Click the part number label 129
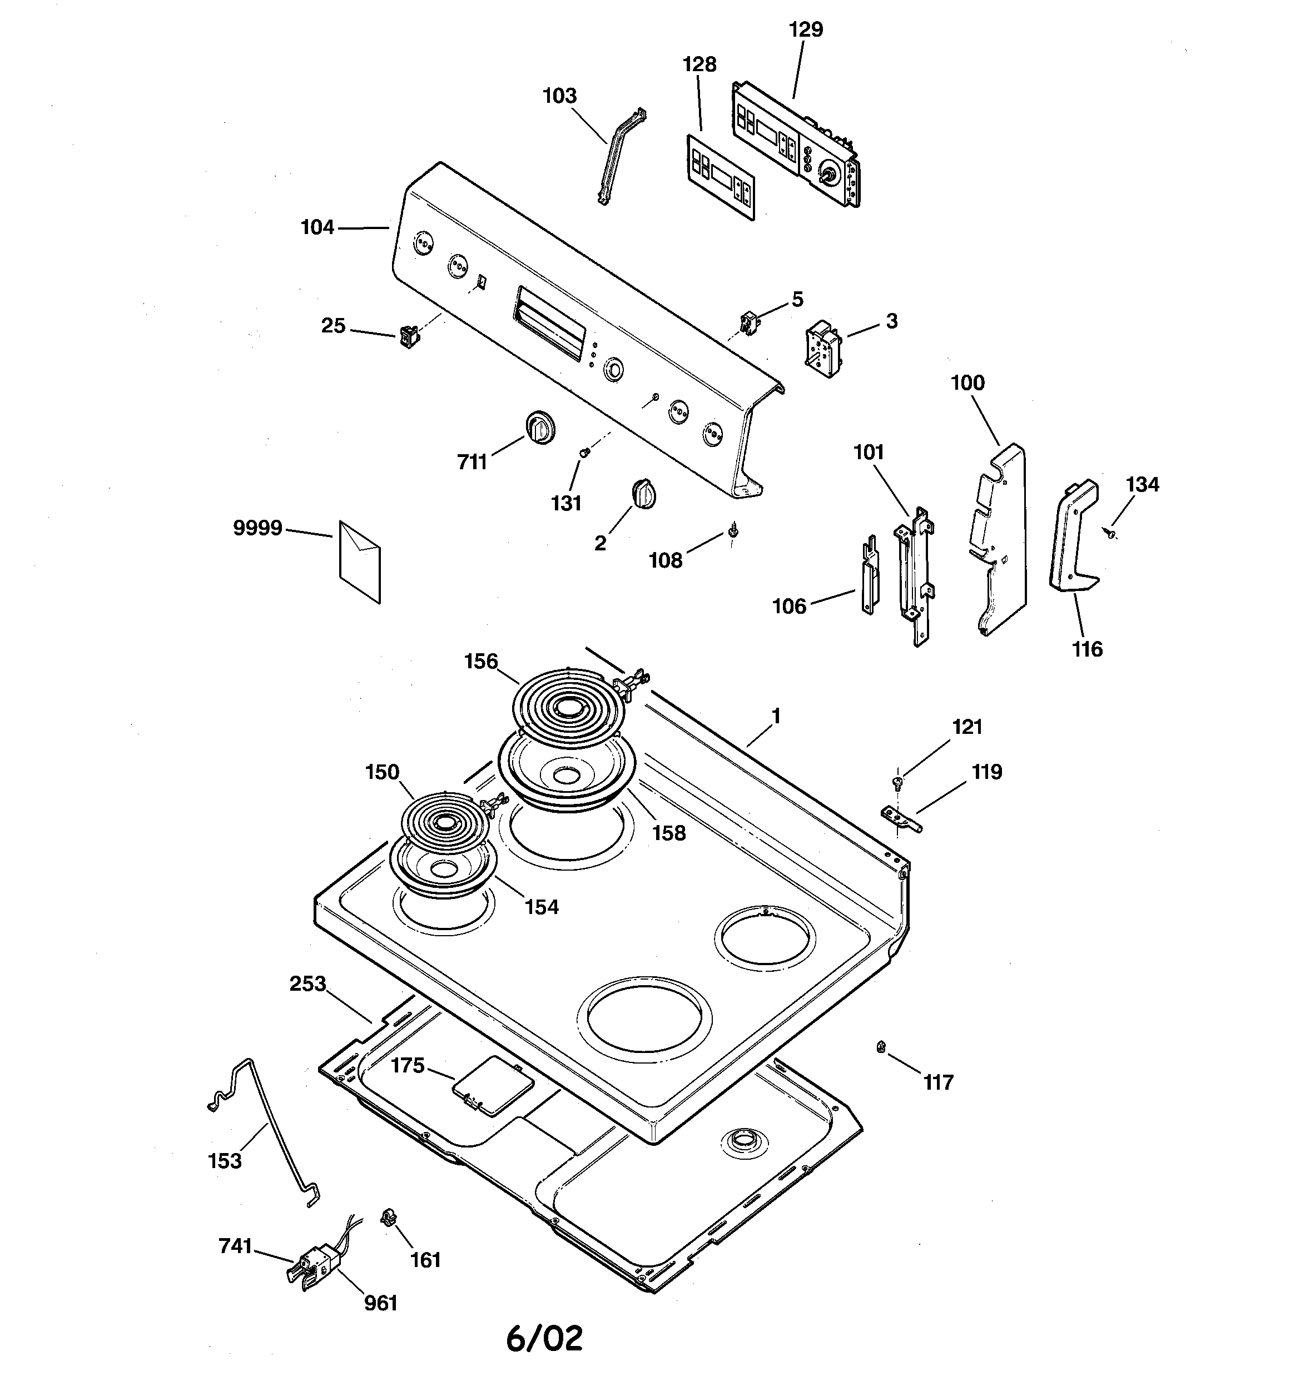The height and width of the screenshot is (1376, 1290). [x=806, y=30]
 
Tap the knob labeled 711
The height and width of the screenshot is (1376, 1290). [x=539, y=427]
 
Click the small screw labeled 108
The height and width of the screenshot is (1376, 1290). [x=733, y=532]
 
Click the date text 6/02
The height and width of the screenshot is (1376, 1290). [x=544, y=1339]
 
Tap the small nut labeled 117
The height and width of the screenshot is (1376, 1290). [x=881, y=1046]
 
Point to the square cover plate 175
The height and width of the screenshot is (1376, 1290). [x=492, y=1086]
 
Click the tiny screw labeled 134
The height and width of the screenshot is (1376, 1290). [x=1110, y=532]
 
